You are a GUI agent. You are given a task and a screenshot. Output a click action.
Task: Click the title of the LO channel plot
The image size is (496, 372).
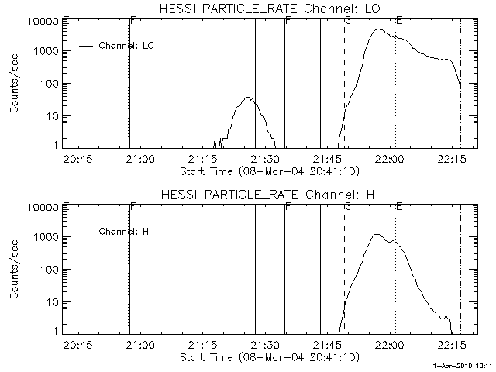pos(271,9)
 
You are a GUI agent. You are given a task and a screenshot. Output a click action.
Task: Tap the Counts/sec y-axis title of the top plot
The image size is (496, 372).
pos(15,84)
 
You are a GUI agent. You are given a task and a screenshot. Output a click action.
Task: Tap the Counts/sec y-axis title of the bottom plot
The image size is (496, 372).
pos(15,270)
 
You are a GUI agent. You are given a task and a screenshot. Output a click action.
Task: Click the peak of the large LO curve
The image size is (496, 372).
pos(377,29)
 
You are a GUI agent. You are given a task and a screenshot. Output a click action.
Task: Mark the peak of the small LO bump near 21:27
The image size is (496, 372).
pos(248,98)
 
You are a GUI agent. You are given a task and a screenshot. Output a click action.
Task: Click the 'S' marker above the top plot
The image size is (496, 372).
pos(347,20)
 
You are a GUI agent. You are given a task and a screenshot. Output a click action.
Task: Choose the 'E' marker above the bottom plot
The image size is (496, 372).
pos(398,206)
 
